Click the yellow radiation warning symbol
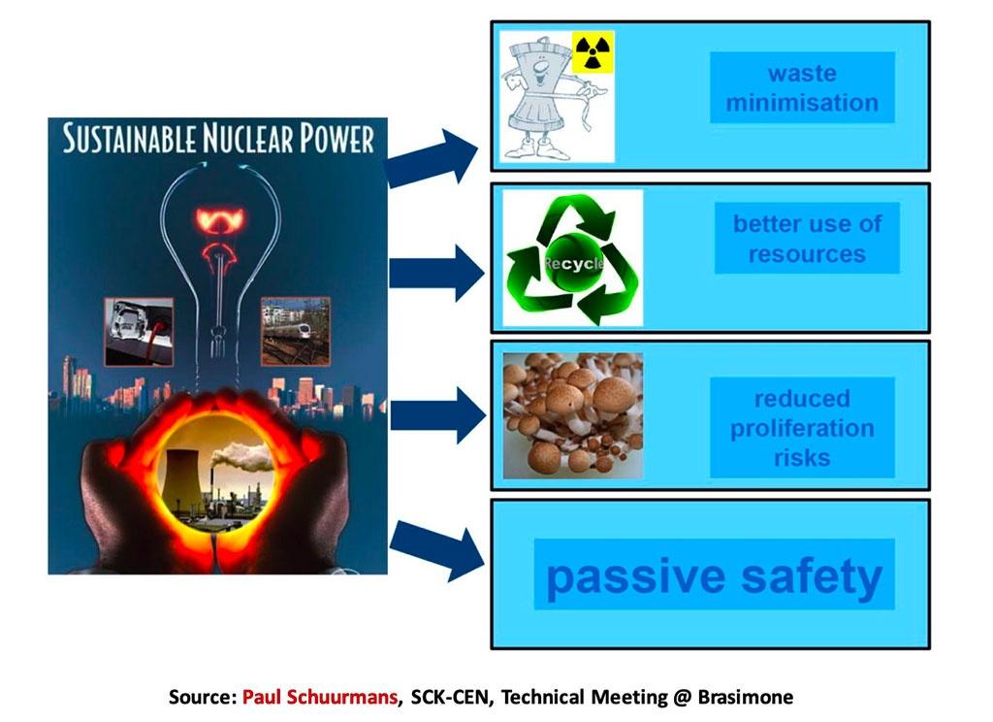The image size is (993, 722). click(593, 52)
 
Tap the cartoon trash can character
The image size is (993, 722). click(552, 97)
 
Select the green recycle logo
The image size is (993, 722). click(573, 259)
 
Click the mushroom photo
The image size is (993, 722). click(572, 416)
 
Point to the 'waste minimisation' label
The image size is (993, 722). click(802, 87)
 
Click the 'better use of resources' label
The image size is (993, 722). click(807, 239)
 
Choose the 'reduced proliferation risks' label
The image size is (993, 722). click(802, 428)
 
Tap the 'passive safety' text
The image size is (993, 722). click(714, 575)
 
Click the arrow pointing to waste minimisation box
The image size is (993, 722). click(432, 158)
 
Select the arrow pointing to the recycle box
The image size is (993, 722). click(437, 274)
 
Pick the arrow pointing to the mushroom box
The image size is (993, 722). click(438, 416)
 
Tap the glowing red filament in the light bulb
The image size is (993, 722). click(221, 235)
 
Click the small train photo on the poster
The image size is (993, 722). click(296, 332)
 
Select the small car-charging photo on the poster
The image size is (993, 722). click(139, 332)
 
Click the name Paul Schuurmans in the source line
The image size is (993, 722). click(320, 698)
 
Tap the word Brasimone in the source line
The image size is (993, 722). click(746, 698)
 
